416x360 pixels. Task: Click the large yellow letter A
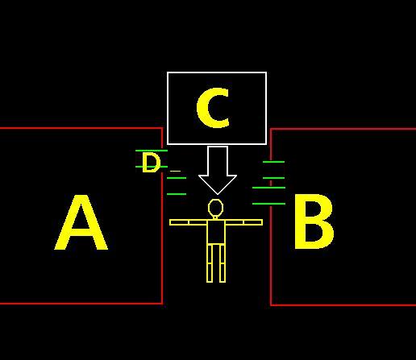coord(81,223)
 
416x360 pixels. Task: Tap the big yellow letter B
coord(314,221)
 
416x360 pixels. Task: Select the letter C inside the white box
coord(213,107)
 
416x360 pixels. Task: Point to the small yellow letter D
coord(151,163)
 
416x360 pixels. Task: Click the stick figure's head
coord(215,207)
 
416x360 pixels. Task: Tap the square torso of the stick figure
coord(216,232)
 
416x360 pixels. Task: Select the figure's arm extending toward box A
coord(189,222)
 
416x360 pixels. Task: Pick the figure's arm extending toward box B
coord(243,222)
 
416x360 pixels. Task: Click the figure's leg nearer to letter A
coord(210,263)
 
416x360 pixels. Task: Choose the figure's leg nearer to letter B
coord(223,263)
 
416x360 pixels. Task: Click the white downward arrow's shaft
coord(218,161)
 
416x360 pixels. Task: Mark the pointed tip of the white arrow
coord(218,194)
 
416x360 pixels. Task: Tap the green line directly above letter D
coord(152,151)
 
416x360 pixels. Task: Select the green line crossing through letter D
coord(152,167)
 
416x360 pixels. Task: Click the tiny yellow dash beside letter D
coord(176,171)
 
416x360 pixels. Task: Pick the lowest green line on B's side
coord(268,204)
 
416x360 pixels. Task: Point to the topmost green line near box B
coord(273,162)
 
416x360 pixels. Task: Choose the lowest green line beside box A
coord(177,194)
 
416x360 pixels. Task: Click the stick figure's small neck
coord(215,217)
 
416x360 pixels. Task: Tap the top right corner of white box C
coord(266,72)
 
